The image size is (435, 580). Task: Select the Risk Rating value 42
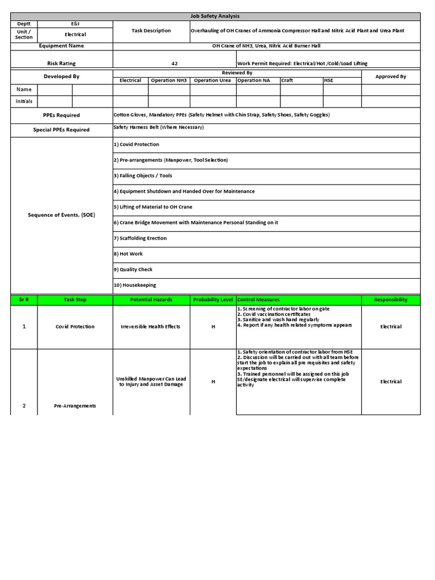[174, 64]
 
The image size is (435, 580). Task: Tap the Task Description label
[151, 31]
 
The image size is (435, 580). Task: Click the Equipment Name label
[62, 46]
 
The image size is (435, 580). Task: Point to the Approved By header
[391, 76]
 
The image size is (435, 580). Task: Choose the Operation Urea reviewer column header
[212, 80]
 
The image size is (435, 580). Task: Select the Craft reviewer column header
[287, 80]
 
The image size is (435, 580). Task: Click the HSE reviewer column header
[329, 80]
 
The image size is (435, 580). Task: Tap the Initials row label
[24, 101]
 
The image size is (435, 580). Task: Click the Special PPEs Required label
[62, 130]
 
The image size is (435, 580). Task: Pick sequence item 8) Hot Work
[129, 254]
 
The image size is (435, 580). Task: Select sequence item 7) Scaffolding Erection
[140, 238]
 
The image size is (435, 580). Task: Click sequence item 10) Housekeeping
[135, 285]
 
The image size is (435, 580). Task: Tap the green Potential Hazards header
[151, 300]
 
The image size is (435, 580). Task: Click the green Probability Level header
[213, 300]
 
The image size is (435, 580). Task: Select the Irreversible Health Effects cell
[151, 327]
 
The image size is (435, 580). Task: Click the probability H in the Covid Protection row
[213, 327]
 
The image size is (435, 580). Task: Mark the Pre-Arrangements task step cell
[75, 406]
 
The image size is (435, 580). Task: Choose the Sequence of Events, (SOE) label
[62, 215]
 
